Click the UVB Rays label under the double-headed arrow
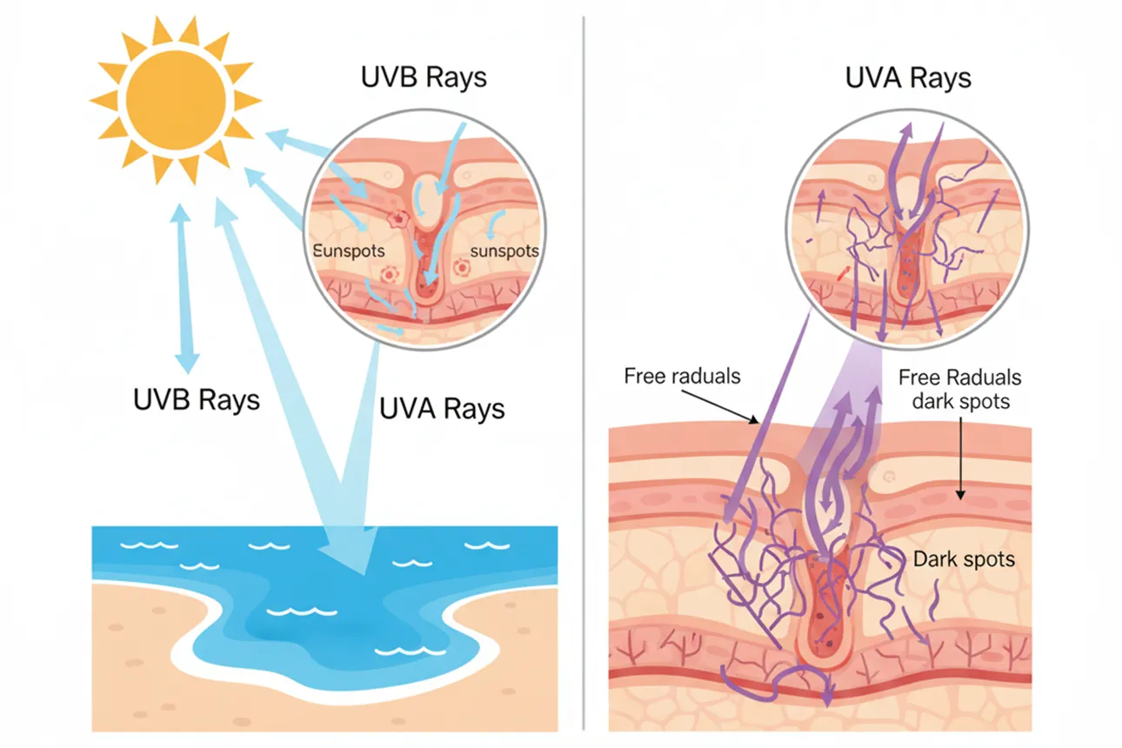click(196, 400)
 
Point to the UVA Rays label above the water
click(442, 408)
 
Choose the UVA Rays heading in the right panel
click(908, 78)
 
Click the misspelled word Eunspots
click(348, 251)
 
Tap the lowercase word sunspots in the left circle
click(504, 251)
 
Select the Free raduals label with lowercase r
click(683, 377)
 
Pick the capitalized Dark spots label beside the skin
click(964, 558)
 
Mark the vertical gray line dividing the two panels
click(583, 374)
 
